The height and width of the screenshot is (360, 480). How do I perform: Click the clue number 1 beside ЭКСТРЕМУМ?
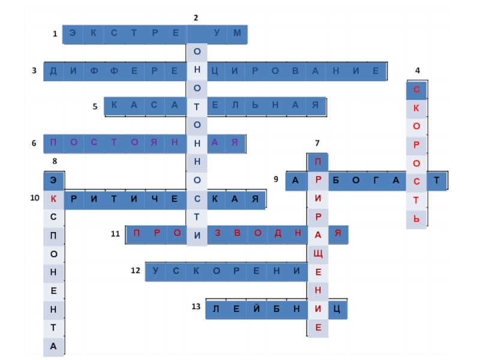pos(55,35)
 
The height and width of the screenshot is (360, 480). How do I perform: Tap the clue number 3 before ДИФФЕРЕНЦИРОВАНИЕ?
pos(35,71)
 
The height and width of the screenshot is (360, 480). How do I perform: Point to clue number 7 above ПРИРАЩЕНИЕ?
pos(317,143)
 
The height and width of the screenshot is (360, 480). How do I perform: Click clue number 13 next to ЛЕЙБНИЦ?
pos(196,307)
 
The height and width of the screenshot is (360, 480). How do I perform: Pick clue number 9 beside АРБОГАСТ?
pos(276,179)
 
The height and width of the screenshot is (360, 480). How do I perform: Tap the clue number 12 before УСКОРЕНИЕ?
pos(136,271)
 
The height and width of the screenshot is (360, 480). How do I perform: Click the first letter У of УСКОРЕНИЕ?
pos(155,271)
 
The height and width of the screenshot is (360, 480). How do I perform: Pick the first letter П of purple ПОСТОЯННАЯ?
pos(53,143)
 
